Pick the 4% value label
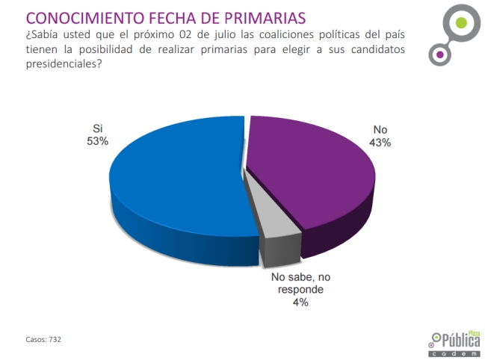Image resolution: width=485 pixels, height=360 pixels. pyautogui.click(x=300, y=302)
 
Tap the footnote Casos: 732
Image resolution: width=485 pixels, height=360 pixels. pyautogui.click(x=43, y=339)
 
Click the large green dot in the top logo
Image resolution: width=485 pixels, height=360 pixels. pyautogui.click(x=462, y=22)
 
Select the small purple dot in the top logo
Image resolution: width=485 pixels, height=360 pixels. pyautogui.click(x=440, y=54)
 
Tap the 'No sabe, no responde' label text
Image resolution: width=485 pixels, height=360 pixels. pyautogui.click(x=300, y=283)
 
